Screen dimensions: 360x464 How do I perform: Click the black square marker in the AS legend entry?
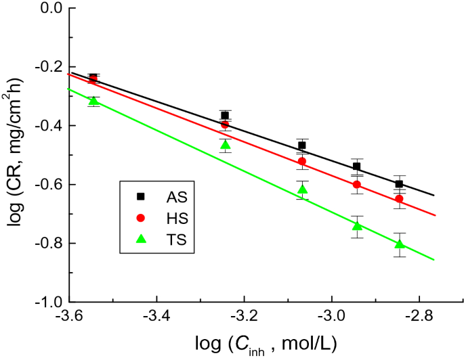141,196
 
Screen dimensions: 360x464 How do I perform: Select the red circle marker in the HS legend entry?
141,217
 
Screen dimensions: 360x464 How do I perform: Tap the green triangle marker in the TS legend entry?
141,238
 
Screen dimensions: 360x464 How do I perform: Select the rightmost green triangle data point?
400,244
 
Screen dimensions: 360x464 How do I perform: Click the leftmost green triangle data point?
93,101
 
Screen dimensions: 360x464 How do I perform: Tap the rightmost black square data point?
400,184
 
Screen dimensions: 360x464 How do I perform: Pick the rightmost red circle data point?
400,199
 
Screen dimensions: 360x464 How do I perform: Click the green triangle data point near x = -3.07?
302,189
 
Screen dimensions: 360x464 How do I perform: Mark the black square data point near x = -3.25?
225,115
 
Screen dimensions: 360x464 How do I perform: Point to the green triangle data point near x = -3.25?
226,145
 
